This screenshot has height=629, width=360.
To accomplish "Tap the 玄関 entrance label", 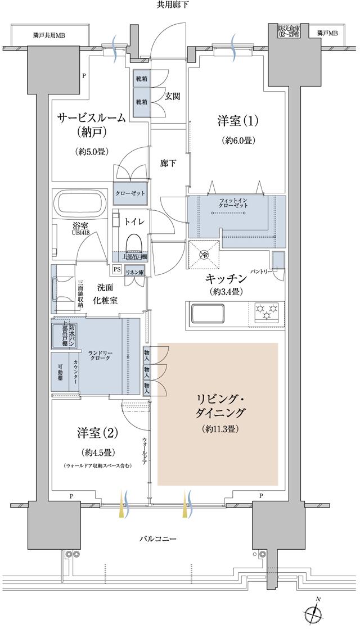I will [172, 96].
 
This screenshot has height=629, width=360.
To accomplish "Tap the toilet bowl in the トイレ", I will [134, 242].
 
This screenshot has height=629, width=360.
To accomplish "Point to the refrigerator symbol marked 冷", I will [204, 252].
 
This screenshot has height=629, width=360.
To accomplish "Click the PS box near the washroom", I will [116, 269].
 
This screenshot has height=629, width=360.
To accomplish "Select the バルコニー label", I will [158, 539].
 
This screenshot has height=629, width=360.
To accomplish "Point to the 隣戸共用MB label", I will [49, 35].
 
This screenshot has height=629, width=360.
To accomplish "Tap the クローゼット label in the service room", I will [131, 193].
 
